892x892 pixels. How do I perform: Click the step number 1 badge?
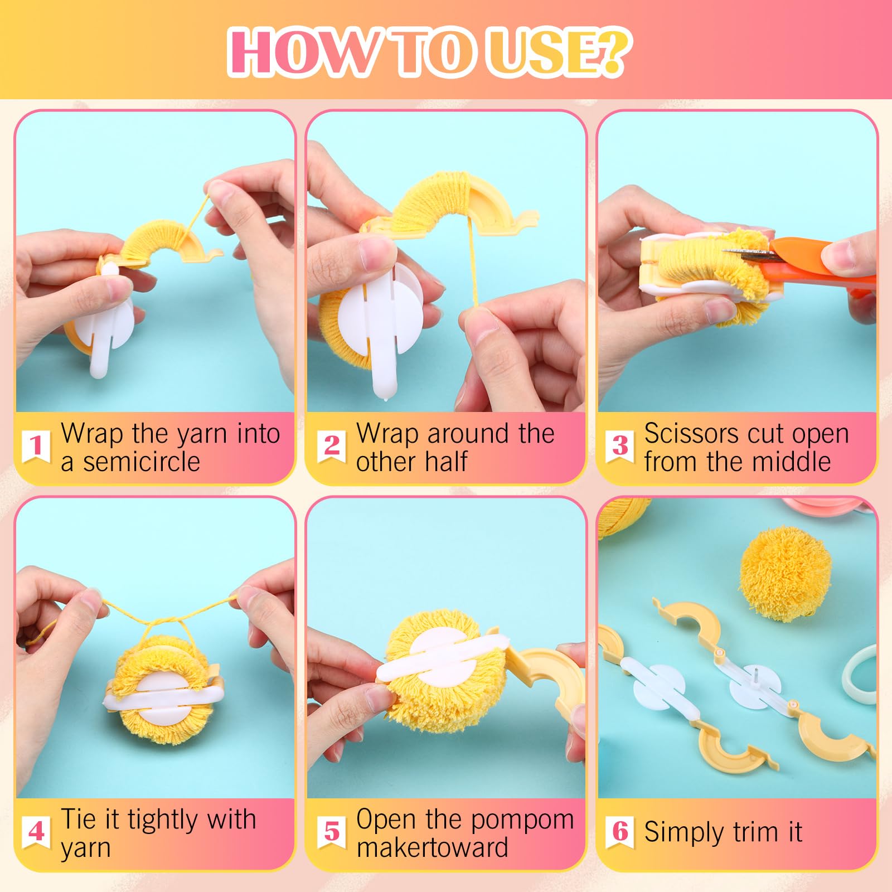tap(36, 446)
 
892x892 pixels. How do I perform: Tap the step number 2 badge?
tap(332, 446)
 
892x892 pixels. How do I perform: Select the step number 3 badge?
tap(620, 446)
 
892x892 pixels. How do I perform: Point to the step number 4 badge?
tap(36, 832)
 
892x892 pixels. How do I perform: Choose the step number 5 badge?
tap(332, 832)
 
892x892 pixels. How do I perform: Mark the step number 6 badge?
tap(620, 832)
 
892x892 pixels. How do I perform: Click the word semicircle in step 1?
tap(142, 462)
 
